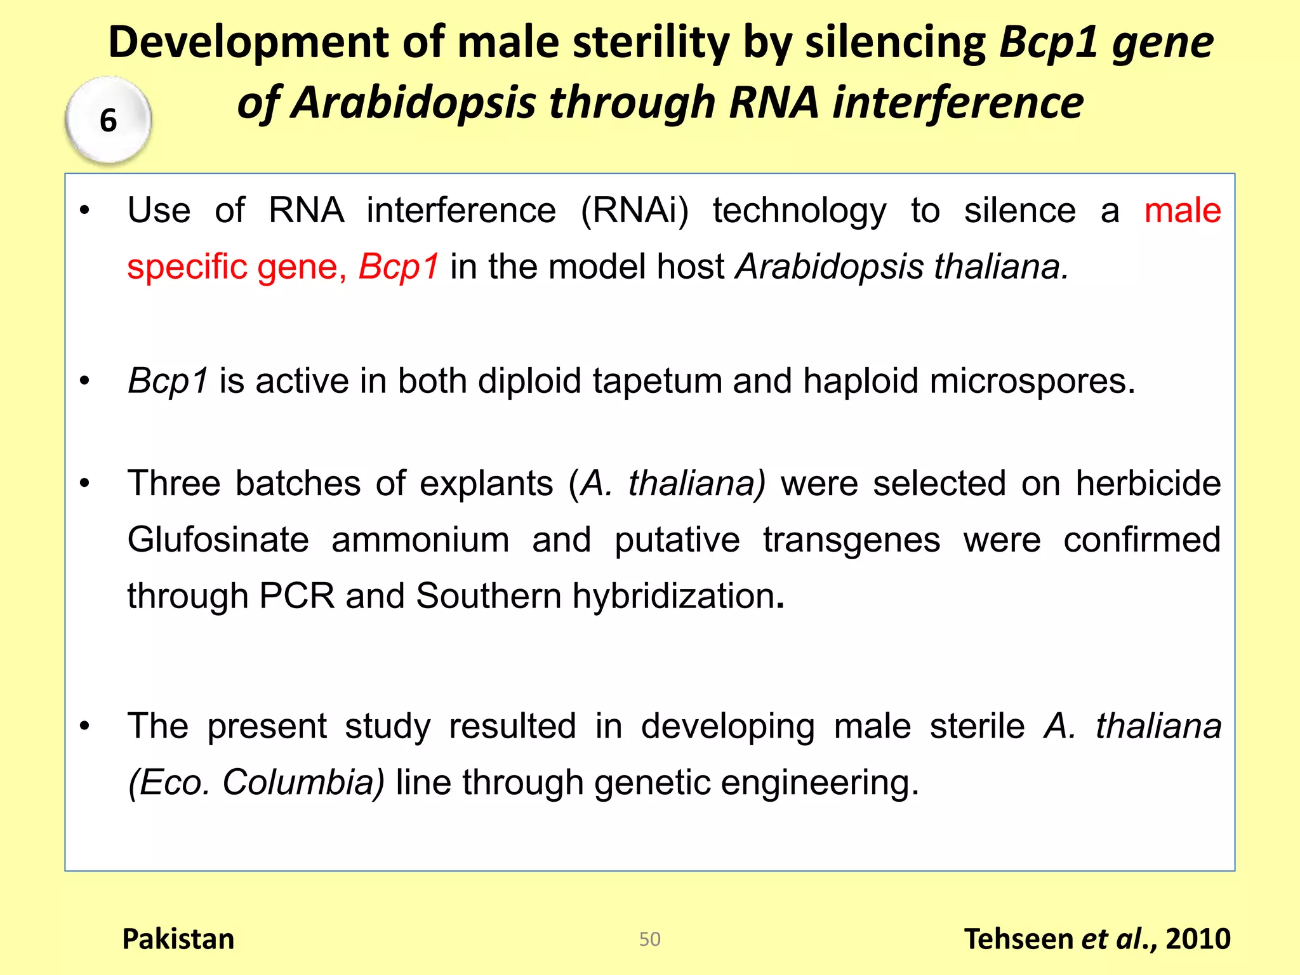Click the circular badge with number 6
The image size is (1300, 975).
tap(108, 119)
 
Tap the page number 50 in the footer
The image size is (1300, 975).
tap(649, 939)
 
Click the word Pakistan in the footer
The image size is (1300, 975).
tap(178, 939)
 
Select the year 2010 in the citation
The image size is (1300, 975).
tap(1198, 939)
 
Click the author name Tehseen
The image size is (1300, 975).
tap(1017, 939)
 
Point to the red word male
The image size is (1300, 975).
tap(1182, 210)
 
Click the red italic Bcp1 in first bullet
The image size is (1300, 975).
tap(399, 266)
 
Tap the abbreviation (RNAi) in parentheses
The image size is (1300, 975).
tap(634, 210)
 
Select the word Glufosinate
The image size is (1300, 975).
tap(218, 540)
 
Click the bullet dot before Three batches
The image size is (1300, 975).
tap(84, 484)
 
